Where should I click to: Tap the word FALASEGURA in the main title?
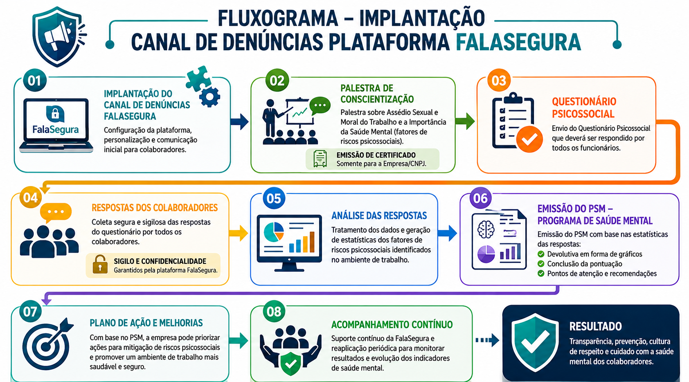pyautogui.click(x=518, y=42)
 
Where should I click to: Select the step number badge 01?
pyautogui.click(x=34, y=81)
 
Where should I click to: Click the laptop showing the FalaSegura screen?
pyautogui.click(x=56, y=126)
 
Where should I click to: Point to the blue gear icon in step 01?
pyautogui.click(x=209, y=97)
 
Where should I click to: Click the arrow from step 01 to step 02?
pyautogui.click(x=239, y=122)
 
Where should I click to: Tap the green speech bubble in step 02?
pyautogui.click(x=320, y=106)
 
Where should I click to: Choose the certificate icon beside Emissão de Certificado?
pyautogui.click(x=320, y=159)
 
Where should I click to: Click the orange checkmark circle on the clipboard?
pyautogui.click(x=529, y=139)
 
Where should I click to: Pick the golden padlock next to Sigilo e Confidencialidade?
pyautogui.click(x=100, y=264)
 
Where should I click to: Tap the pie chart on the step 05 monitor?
pyautogui.click(x=274, y=232)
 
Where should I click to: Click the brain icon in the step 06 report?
pyautogui.click(x=486, y=229)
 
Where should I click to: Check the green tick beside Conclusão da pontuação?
pyautogui.click(x=541, y=264)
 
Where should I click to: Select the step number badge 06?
pyautogui.click(x=480, y=198)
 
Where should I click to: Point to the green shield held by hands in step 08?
pyautogui.click(x=290, y=364)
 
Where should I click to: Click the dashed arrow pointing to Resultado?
pyautogui.click(x=487, y=340)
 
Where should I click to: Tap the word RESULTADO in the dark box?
pyautogui.click(x=595, y=326)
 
